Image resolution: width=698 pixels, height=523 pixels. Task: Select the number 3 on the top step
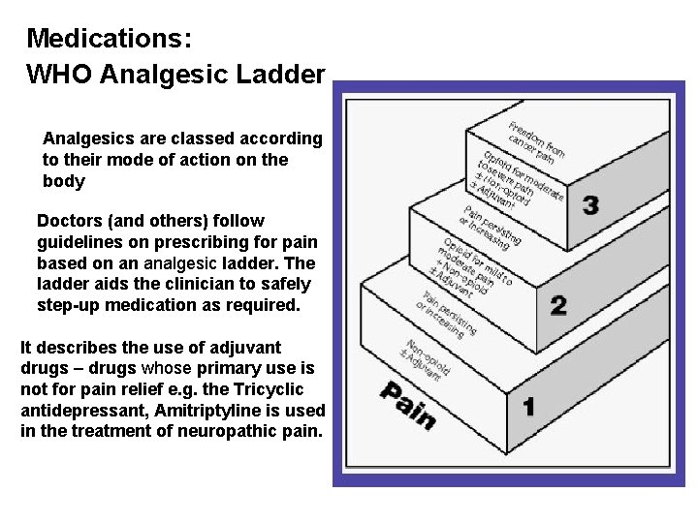click(x=590, y=205)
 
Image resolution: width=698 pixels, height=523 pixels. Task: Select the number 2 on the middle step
click(x=558, y=306)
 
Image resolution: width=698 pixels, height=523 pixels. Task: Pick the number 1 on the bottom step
click(x=528, y=407)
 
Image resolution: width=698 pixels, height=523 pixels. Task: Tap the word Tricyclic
click(x=268, y=389)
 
